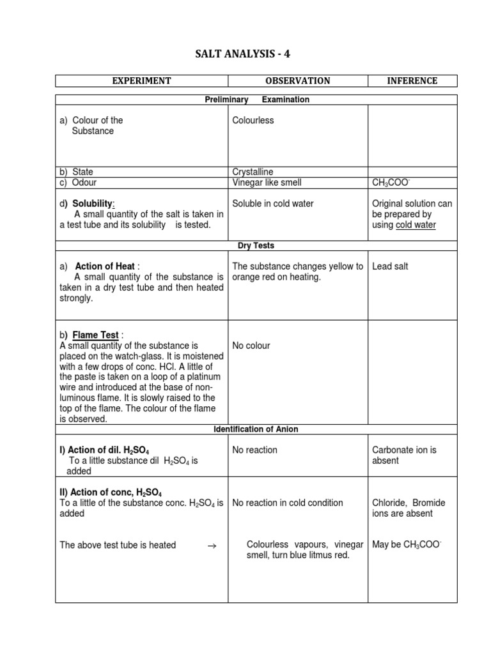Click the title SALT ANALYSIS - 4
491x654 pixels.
click(x=242, y=54)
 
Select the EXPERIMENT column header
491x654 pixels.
click(x=142, y=81)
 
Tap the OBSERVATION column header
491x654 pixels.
click(x=298, y=81)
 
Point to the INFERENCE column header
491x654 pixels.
click(x=412, y=81)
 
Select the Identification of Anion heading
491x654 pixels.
click(x=256, y=429)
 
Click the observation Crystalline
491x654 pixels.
click(x=253, y=172)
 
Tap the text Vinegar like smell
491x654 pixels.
click(x=267, y=183)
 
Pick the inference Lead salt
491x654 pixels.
click(x=390, y=266)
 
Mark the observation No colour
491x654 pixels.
click(x=251, y=346)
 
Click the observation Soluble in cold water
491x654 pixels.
click(x=273, y=204)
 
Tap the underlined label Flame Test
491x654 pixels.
click(x=96, y=335)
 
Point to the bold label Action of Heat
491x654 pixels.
click(x=105, y=266)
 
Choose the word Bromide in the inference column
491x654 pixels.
click(x=430, y=503)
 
